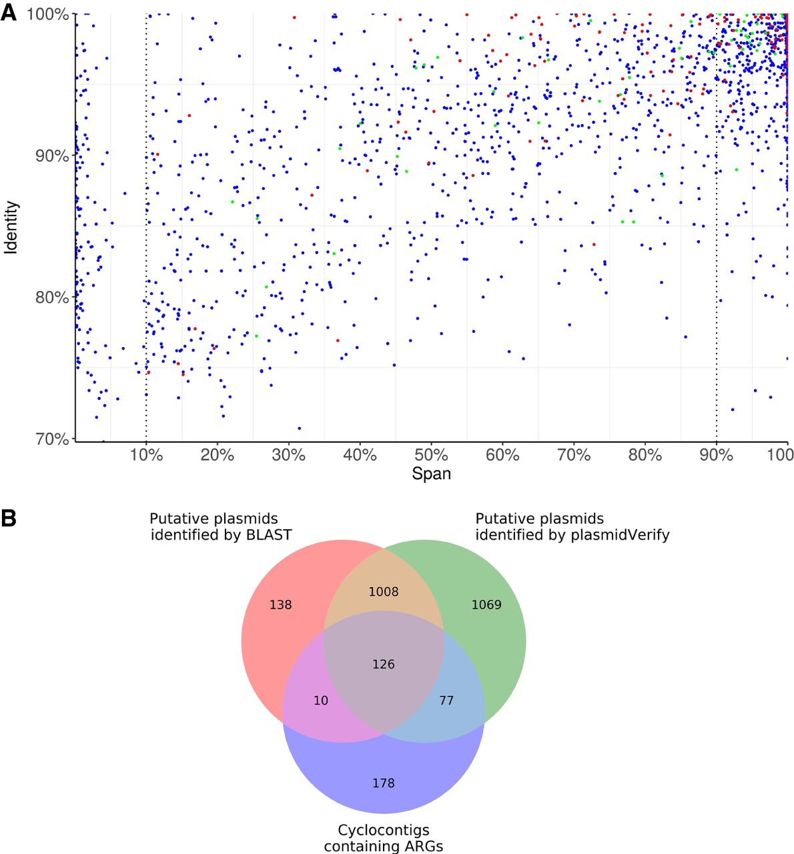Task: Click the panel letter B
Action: click(x=9, y=518)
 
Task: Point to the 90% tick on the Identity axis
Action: click(x=48, y=155)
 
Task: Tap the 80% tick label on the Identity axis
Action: click(x=48, y=297)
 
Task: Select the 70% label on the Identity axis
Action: click(x=48, y=439)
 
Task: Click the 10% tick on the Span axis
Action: click(x=146, y=455)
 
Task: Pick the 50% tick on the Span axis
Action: click(x=431, y=455)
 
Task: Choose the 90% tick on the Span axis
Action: click(x=716, y=455)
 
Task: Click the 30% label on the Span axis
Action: click(x=289, y=455)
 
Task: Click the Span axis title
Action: click(x=431, y=474)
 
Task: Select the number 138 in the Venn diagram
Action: click(x=280, y=605)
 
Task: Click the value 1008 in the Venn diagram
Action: click(x=383, y=592)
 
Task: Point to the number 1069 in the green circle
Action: click(x=486, y=605)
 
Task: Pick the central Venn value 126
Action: click(x=383, y=664)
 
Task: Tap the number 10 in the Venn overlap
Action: click(x=321, y=701)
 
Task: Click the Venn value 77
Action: click(x=446, y=701)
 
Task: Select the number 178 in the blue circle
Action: click(x=383, y=783)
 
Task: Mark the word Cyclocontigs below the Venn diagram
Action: click(x=383, y=831)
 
